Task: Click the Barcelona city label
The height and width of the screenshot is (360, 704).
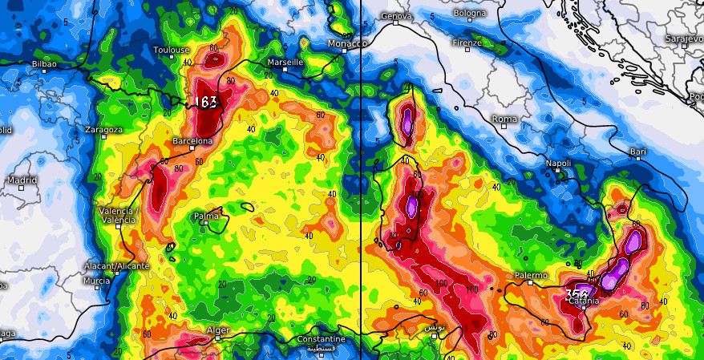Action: [x=192, y=141]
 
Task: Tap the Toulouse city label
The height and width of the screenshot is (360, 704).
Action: [x=171, y=50]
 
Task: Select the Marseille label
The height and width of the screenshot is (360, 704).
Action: [x=285, y=62]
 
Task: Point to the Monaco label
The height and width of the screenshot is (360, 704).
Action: [x=347, y=43]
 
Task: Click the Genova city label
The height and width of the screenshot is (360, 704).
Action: [x=396, y=16]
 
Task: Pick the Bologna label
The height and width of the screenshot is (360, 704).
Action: [x=469, y=14]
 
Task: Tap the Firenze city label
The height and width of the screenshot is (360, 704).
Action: [x=467, y=42]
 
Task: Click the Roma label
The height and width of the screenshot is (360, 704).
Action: [x=504, y=119]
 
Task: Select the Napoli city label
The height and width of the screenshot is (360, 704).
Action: [x=558, y=164]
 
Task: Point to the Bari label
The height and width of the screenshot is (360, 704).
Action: [x=638, y=151]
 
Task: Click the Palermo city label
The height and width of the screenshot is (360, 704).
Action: [x=531, y=276]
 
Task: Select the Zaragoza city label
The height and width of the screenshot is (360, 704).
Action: [x=103, y=130]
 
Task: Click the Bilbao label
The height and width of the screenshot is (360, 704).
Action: [x=44, y=63]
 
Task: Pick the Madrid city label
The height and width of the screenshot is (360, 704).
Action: [x=22, y=180]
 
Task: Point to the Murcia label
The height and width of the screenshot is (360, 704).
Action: [x=97, y=281]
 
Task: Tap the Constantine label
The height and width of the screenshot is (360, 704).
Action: [x=321, y=339]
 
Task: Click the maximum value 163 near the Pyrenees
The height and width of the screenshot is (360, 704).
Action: [x=206, y=103]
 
